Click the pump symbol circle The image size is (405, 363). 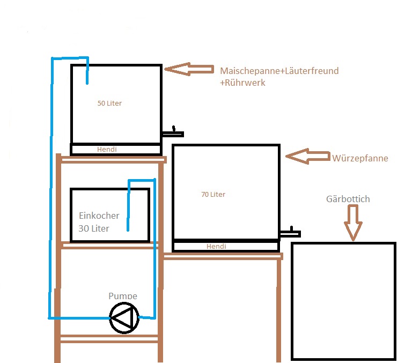tap(124, 317)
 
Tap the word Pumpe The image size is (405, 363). tap(123, 296)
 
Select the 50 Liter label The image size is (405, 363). tap(109, 103)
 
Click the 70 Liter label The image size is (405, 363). tap(213, 194)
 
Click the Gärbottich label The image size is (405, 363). tap(348, 199)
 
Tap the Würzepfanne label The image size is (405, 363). tap(360, 159)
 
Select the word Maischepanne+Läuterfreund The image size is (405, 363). tap(279, 71)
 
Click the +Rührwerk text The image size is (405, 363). tap(242, 83)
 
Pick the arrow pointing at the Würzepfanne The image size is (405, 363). tap(307, 156)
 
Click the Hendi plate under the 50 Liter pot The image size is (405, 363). tap(115, 150)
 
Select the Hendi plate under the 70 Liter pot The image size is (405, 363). tap(225, 246)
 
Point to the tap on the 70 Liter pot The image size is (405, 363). tap(290, 233)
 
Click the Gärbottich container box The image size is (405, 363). tap(343, 301)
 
